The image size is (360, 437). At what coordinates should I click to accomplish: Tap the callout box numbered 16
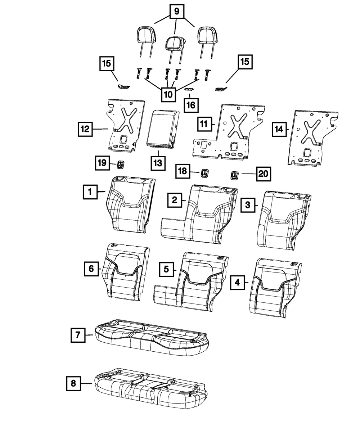[x=190, y=105]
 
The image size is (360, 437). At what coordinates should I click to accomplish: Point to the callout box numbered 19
[x=102, y=163]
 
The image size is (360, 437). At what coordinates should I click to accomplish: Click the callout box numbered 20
[x=263, y=174]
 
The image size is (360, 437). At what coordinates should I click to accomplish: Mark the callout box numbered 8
[x=73, y=384]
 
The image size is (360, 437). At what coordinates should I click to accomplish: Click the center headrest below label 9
[x=175, y=44]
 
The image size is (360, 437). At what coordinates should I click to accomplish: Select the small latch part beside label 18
[x=204, y=174]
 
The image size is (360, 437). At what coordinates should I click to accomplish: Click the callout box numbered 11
[x=204, y=125]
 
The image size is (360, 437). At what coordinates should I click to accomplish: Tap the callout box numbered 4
[x=237, y=283]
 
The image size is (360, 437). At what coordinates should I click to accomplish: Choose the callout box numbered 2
[x=174, y=200]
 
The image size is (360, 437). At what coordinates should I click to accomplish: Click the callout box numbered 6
[x=91, y=268]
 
